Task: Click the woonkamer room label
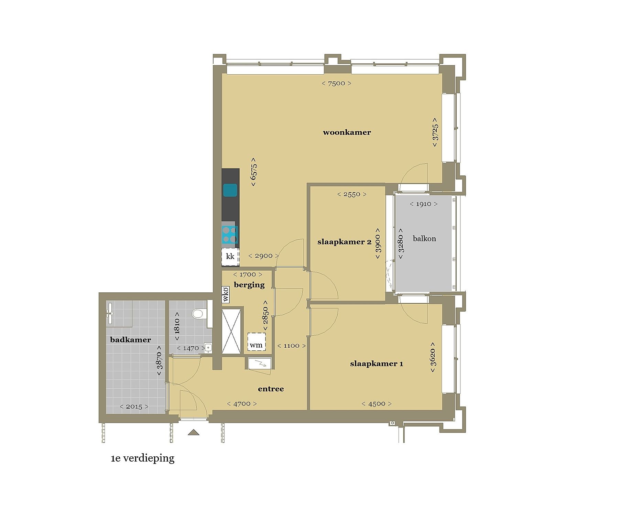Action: coord(347,132)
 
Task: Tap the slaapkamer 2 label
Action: coord(344,242)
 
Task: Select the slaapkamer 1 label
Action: coord(377,364)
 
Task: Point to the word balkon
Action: coord(424,239)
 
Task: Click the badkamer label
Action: coord(130,340)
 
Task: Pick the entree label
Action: coord(271,389)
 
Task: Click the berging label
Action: coord(249,285)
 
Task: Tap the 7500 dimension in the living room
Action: coord(336,83)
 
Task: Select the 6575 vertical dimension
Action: coord(254,172)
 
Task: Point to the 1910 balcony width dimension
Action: coord(424,204)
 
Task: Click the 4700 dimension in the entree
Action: coord(242,404)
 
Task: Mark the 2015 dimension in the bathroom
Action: coord(134,407)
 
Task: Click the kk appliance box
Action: coord(230,257)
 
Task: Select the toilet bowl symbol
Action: coord(198,314)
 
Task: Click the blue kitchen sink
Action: coord(230,190)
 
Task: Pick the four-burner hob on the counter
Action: coord(230,235)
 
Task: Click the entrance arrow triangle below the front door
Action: coord(194,432)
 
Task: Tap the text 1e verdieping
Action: coord(142,459)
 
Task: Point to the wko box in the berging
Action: coord(226,294)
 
